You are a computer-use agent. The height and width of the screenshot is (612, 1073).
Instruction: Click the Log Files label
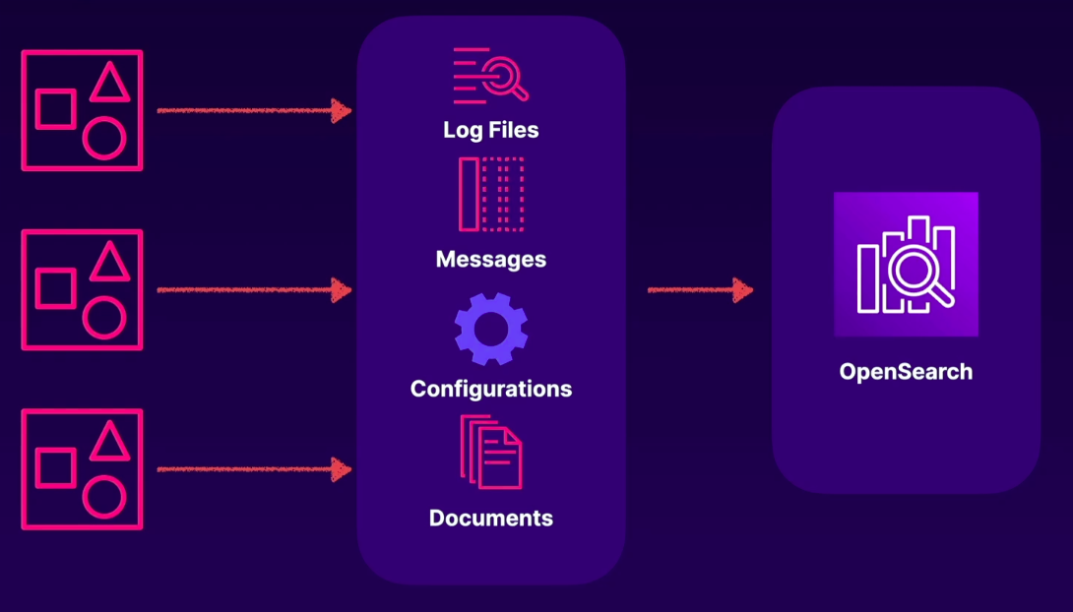pos(490,130)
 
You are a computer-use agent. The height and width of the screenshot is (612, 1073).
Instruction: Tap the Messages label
pos(490,260)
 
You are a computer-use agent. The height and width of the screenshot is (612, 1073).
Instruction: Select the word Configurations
pos(490,389)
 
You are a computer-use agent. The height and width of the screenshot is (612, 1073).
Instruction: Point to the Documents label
pos(490,518)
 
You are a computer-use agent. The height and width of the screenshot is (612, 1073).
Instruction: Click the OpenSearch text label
pos(906,372)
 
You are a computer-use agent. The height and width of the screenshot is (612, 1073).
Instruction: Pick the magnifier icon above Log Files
pos(490,75)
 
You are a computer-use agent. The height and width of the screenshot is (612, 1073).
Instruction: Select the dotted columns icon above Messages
pos(490,194)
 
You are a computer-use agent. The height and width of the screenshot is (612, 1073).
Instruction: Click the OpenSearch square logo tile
pos(906,264)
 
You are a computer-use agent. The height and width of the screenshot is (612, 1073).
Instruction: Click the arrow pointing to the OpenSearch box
pos(700,290)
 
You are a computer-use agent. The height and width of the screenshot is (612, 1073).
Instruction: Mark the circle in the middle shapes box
pos(103,318)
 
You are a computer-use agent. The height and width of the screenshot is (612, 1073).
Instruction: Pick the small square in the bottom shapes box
pos(56,467)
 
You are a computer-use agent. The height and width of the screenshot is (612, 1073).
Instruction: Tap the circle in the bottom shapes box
pos(103,497)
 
